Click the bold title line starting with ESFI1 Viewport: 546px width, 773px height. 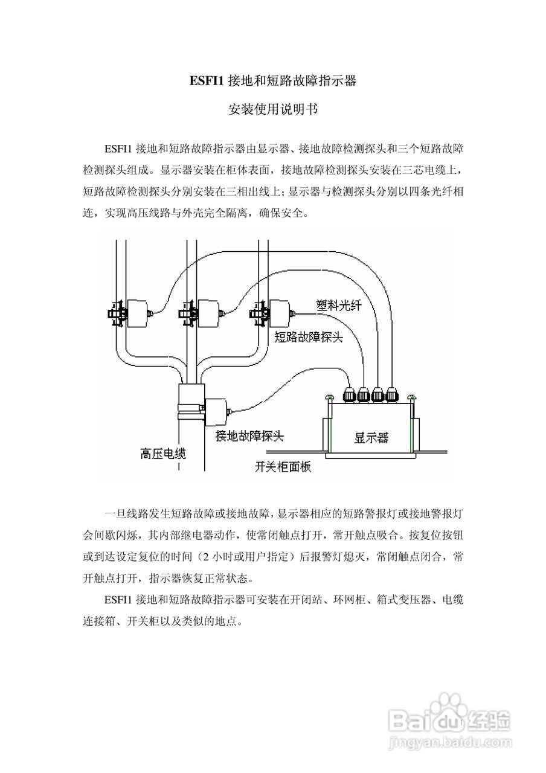coord(272,80)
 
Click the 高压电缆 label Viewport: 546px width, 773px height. coord(162,453)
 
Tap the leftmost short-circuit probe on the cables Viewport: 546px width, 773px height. coord(136,313)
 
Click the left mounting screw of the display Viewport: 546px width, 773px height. coord(329,398)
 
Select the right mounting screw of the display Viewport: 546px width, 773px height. coord(413,398)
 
